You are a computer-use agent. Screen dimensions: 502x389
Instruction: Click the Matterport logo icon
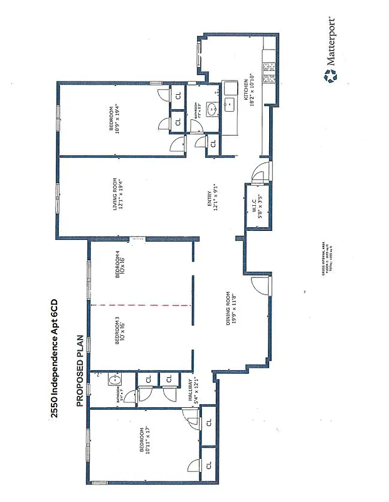coord(329,77)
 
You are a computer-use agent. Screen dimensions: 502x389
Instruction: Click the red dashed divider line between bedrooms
coord(141,305)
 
